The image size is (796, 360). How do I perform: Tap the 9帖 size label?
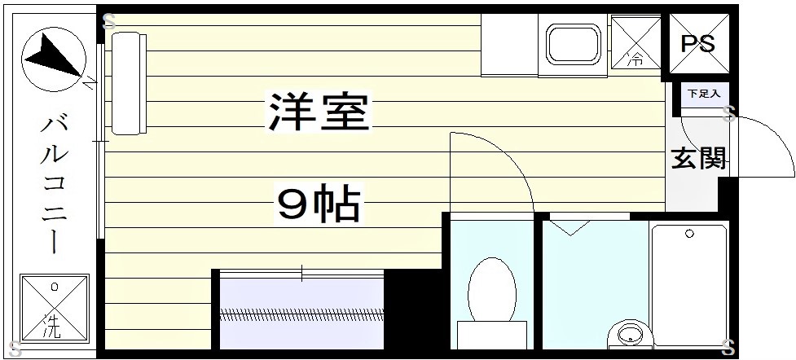pyautogui.click(x=319, y=205)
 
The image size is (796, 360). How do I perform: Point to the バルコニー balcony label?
pyautogui.click(x=54, y=183)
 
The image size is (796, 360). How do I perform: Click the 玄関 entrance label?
pyautogui.click(x=698, y=158)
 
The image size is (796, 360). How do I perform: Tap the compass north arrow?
pyautogui.click(x=51, y=58)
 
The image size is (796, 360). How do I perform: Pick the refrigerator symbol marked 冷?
pyautogui.click(x=636, y=42)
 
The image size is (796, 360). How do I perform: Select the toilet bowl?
pyautogui.click(x=492, y=289)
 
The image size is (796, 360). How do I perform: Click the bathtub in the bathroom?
pyautogui.click(x=688, y=281)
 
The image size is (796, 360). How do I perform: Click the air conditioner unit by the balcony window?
pyautogui.click(x=128, y=83)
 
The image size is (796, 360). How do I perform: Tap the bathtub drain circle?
pyautogui.click(x=689, y=234)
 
